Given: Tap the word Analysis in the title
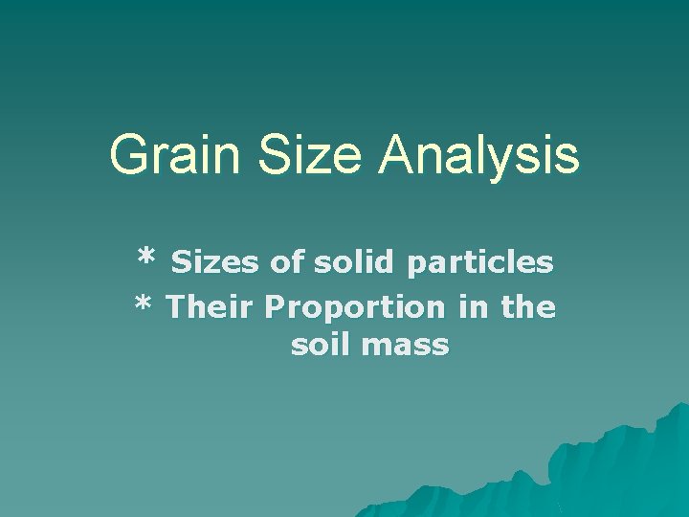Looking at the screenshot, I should [x=478, y=155].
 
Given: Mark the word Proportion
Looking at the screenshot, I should [x=355, y=308].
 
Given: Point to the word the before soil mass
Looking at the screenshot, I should [x=527, y=307].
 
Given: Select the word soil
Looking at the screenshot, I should [x=322, y=345].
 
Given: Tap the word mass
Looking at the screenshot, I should [x=406, y=346].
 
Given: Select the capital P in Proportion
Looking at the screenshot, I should [x=275, y=307].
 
